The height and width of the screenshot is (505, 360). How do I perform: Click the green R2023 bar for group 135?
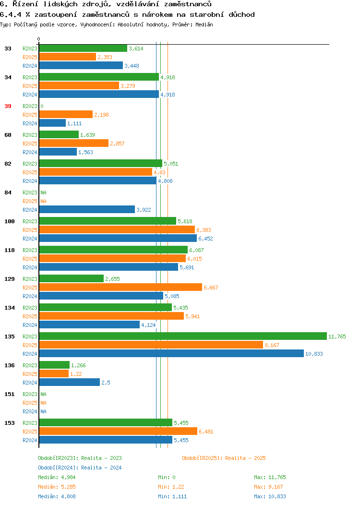coord(183,336)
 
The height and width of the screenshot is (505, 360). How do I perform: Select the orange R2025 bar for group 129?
coord(121,287)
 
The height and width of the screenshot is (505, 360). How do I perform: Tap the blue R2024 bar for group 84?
coord(87,210)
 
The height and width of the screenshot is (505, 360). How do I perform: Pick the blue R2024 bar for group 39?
coord(52,123)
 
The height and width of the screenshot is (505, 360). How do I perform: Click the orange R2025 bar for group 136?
coord(54,373)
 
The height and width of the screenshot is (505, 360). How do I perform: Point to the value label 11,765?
coord(337,337)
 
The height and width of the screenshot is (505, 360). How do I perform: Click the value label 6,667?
coord(211,288)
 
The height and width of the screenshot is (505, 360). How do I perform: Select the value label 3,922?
coord(144,210)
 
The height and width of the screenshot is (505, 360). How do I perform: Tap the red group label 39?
coord(8,106)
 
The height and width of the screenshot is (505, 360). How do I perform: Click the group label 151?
coord(9,394)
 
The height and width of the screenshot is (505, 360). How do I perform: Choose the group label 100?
coord(9,221)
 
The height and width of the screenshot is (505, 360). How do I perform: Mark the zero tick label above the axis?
coord(39,39)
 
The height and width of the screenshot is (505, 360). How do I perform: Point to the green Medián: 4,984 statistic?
coord(57,477)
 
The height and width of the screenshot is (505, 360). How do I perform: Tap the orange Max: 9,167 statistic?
coord(270,487)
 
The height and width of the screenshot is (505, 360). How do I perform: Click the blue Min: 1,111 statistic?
coord(172,497)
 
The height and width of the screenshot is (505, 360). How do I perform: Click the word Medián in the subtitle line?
coord(204,24)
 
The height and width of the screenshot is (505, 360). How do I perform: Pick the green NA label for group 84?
coord(44,192)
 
